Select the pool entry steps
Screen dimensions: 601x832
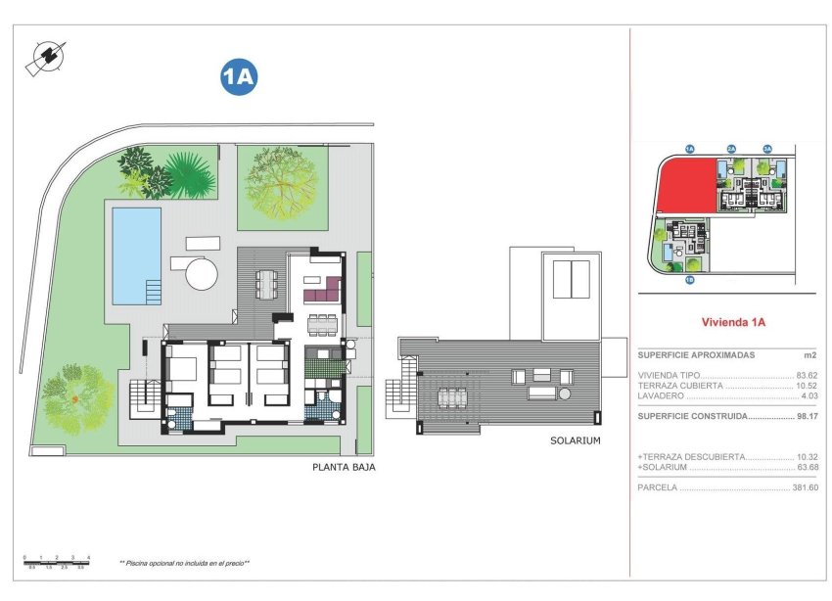153,292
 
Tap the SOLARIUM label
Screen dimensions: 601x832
575,441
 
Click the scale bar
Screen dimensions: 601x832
56,561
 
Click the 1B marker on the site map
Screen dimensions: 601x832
689,281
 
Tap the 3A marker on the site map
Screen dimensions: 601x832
767,149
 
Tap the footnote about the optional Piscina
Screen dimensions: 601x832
185,563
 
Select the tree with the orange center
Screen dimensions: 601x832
74,397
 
